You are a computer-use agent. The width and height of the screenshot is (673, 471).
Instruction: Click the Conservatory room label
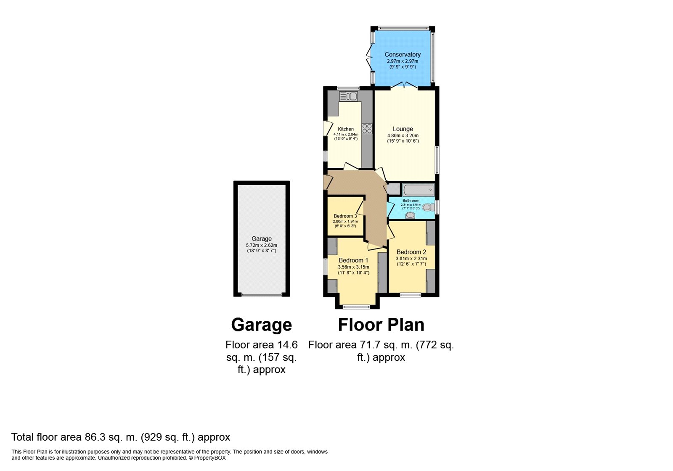[402, 54]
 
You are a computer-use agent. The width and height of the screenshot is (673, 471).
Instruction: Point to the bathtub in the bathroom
[419, 190]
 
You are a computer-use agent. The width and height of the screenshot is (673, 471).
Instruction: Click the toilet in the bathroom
[429, 207]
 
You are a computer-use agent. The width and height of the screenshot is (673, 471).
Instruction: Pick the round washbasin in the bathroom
[410, 215]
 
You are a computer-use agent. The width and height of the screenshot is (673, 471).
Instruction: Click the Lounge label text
[403, 129]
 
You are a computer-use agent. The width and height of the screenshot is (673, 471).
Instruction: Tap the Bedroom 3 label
[345, 216]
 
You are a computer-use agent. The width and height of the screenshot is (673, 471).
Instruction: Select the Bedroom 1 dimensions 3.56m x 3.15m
[354, 267]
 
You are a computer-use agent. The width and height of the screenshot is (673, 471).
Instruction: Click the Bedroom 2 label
[411, 252]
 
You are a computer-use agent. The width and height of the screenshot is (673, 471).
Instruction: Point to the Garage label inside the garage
[261, 239]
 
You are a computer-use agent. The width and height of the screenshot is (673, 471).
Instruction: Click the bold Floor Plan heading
[381, 325]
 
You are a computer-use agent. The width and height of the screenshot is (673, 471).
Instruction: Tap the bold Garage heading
[261, 325]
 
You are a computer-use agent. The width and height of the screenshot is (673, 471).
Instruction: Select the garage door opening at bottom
[261, 295]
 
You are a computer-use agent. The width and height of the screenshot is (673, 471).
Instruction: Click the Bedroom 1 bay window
[357, 307]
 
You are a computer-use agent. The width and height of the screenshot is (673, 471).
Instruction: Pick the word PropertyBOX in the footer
[210, 458]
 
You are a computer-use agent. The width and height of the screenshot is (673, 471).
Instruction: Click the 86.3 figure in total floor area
[95, 437]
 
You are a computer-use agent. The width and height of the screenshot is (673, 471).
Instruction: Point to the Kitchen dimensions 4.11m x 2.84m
[346, 134]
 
